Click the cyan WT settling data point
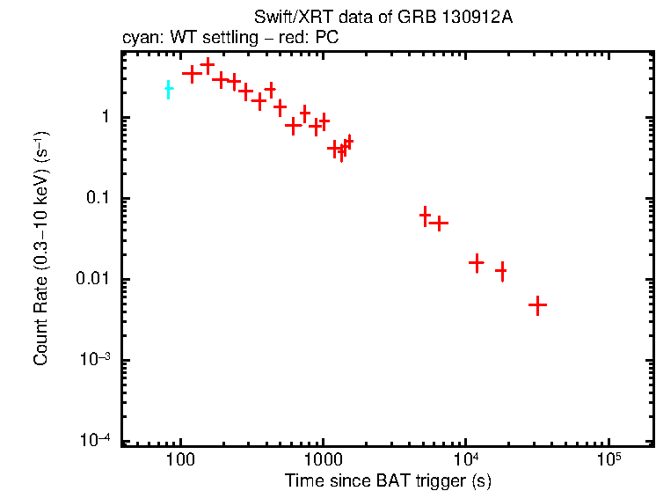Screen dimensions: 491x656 click(x=168, y=90)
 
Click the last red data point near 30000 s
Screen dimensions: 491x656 click(x=537, y=304)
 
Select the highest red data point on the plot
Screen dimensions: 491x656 click(x=208, y=65)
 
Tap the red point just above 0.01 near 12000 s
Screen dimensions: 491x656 click(x=477, y=262)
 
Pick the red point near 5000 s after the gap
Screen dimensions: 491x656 click(x=426, y=216)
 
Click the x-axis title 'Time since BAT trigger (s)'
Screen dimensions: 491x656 click(x=387, y=480)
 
